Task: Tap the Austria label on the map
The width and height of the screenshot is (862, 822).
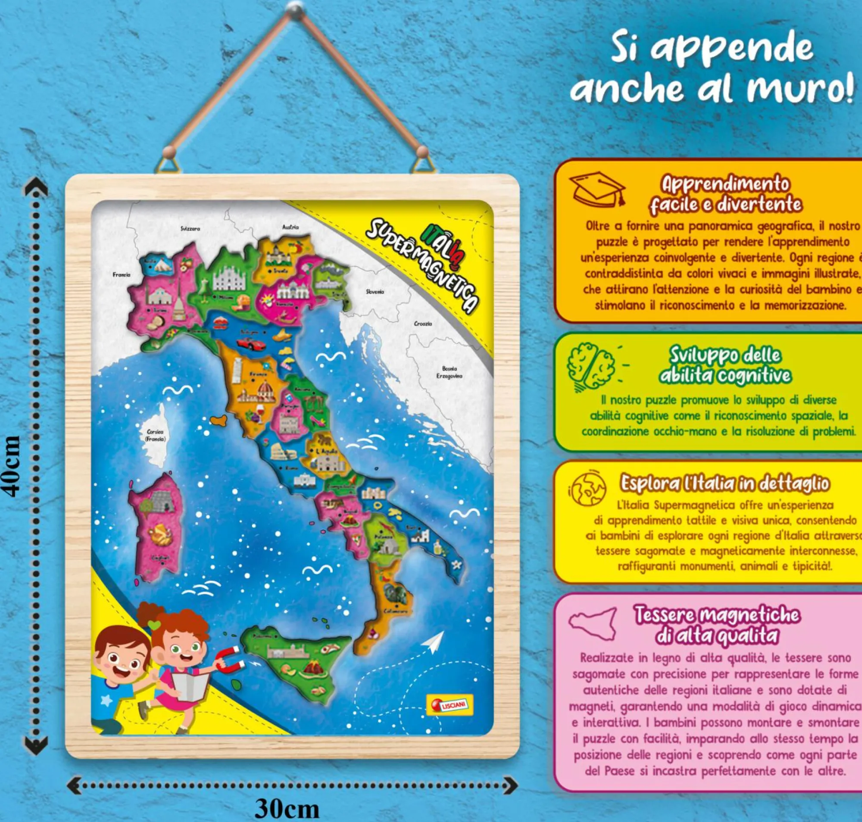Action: pyautogui.click(x=290, y=227)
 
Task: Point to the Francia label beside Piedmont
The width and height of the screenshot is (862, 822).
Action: pyautogui.click(x=122, y=275)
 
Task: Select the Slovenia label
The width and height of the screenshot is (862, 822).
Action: pyautogui.click(x=375, y=291)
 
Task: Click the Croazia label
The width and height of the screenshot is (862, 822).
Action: pyautogui.click(x=423, y=324)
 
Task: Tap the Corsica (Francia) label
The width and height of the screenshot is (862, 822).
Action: pyautogui.click(x=156, y=435)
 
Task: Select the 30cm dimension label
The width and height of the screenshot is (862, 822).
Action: pyautogui.click(x=287, y=808)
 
